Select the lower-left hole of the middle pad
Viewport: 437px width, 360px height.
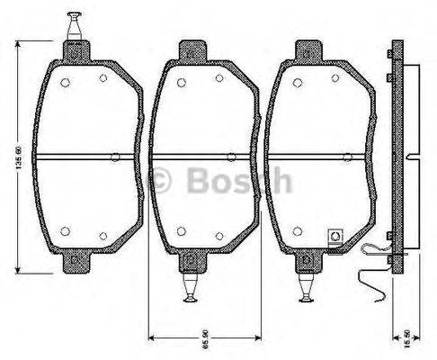coord(181,229)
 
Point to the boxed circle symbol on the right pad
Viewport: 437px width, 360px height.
coord(335,237)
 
